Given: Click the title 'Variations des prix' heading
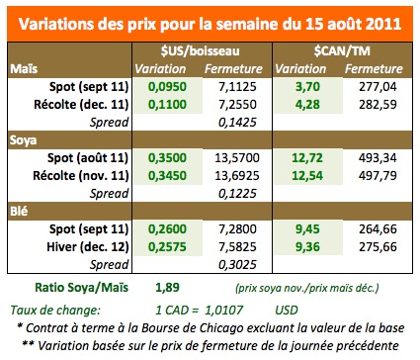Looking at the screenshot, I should pyautogui.click(x=210, y=21).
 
